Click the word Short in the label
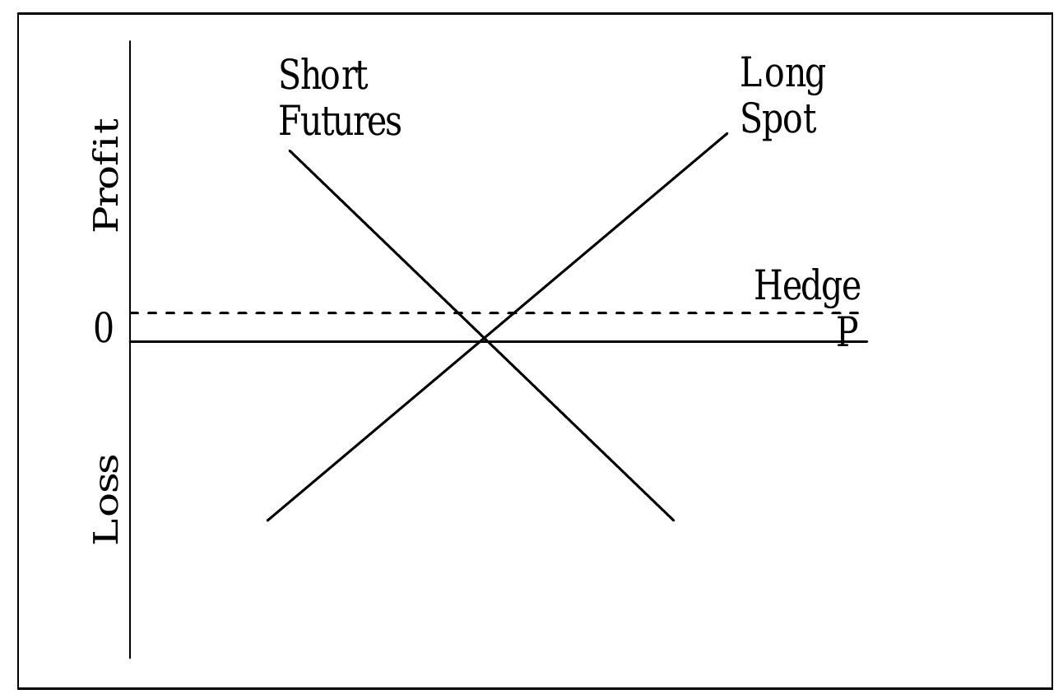(323, 76)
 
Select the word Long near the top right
(782, 74)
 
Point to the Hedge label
(806, 286)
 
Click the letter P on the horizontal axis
(847, 331)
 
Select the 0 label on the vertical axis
(104, 330)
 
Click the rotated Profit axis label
(106, 175)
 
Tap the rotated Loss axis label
(106, 498)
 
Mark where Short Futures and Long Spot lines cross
(485, 340)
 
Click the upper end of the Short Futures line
(290, 150)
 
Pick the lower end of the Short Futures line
(674, 520)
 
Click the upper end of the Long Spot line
(728, 132)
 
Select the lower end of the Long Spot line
(267, 520)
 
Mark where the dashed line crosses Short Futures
(458, 313)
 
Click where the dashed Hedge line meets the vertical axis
(130, 313)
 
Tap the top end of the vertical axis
(130, 41)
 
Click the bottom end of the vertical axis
(130, 658)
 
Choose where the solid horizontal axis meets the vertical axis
(130, 340)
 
